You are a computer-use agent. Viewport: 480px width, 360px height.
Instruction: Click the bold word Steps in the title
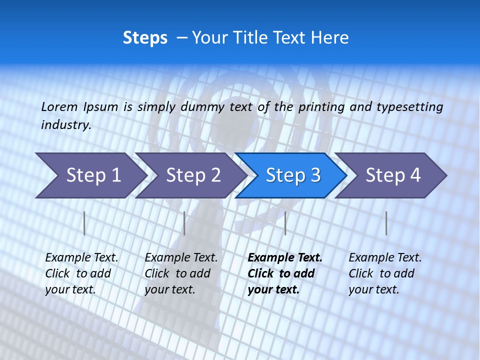[145, 38]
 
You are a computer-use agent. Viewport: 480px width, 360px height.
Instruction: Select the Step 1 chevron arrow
[90, 175]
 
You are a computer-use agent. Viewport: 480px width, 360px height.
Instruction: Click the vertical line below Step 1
[84, 223]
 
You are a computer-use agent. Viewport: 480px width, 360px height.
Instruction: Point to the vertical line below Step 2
[184, 223]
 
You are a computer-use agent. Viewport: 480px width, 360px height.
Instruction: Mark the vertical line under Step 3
[285, 223]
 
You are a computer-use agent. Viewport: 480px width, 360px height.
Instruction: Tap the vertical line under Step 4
[386, 223]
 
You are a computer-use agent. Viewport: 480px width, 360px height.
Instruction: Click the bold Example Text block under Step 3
[285, 273]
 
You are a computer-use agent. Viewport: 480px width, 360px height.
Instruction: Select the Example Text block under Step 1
[81, 273]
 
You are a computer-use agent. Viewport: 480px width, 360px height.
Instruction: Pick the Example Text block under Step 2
[181, 273]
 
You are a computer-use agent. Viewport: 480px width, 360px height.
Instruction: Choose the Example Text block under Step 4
[385, 273]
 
